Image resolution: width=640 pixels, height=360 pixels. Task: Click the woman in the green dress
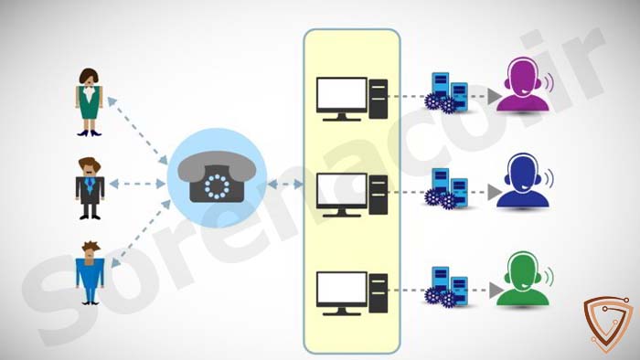pos(89,102)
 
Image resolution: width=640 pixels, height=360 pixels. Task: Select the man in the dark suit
pos(90,188)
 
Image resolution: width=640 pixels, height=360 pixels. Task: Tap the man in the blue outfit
pos(90,272)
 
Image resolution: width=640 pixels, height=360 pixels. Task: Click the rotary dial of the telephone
pos(218,186)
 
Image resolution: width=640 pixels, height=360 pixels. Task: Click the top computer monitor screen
pos(342,94)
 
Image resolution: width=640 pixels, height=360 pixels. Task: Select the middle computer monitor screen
pos(342,190)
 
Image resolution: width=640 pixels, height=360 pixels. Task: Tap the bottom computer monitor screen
pos(342,289)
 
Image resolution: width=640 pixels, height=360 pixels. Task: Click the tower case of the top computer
pos(379,99)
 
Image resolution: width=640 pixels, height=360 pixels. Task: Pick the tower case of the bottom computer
pos(379,293)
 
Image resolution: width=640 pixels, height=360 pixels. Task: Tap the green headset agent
pos(523,279)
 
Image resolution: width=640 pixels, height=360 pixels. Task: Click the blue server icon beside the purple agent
pos(446,92)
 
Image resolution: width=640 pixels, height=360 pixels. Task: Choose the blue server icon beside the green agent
pos(446,287)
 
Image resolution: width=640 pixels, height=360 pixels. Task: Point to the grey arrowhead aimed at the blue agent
pos(495,193)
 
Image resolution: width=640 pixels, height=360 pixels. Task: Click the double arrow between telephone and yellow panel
pos(285,185)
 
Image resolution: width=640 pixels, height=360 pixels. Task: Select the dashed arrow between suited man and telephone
pos(137,184)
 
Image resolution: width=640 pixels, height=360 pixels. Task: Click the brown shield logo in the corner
pos(608,323)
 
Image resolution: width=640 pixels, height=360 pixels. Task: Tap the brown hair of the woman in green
pos(89,76)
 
